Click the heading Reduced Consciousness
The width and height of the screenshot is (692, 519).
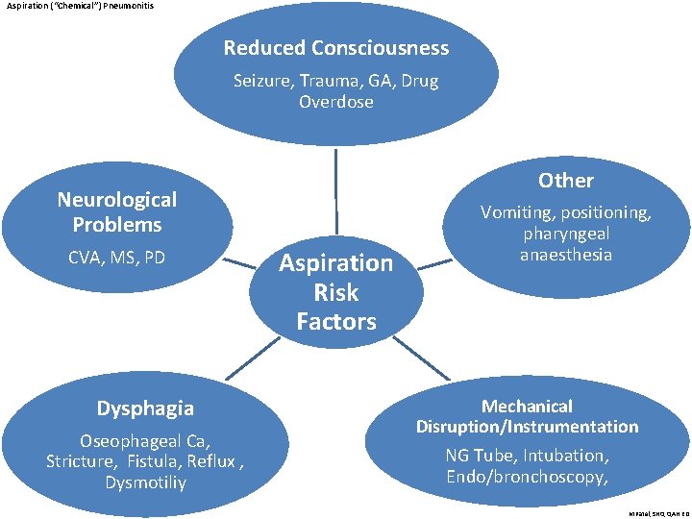pos(336,48)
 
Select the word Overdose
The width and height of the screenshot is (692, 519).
pos(336,102)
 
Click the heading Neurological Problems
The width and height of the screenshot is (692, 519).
pos(117,212)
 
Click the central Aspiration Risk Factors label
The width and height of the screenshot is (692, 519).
pos(336,292)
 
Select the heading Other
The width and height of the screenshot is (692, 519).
pos(565,181)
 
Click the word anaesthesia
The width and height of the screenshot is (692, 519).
pos(565,255)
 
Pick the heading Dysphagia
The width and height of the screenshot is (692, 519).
pos(145,408)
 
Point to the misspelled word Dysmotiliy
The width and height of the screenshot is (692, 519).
pos(146,482)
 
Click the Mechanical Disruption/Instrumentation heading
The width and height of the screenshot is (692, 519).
pos(527,416)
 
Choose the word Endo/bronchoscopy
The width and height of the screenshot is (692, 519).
pos(525,477)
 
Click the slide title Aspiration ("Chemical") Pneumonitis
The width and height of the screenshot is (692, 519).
pos(79,6)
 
